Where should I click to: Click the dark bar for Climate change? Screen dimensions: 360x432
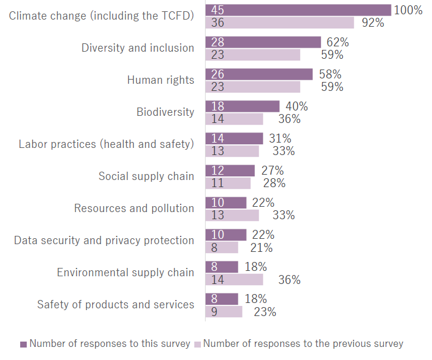coord(297,10)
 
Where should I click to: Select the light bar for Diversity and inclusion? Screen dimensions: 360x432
coord(253,55)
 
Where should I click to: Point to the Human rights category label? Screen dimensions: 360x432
coord(160,80)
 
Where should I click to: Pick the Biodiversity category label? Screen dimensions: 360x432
coord(165,112)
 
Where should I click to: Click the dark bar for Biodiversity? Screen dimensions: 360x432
coord(242,106)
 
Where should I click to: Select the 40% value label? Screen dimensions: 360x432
coord(297,106)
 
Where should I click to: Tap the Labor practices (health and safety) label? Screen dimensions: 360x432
coord(106,144)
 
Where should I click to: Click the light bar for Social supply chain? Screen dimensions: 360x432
coord(228,183)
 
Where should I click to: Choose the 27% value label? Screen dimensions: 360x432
coord(272,170)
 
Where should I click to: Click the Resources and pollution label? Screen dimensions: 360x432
coord(134,208)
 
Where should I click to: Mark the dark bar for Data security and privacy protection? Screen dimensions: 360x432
coord(225,235)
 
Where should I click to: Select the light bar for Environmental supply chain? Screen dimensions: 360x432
coord(234,279)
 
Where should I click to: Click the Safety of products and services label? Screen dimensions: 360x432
coord(115,304)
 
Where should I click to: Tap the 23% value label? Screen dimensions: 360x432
coord(263,312)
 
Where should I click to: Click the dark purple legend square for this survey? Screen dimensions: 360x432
coord(24,344)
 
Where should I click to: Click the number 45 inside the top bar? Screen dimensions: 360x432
coord(217,10)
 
